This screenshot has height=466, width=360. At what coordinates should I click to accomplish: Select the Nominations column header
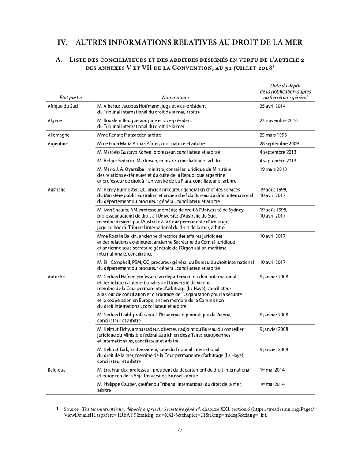pos(176,97)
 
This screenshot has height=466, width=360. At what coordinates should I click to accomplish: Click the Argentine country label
pos(58,143)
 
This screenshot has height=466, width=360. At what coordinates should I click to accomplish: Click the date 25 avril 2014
pos(273,106)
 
